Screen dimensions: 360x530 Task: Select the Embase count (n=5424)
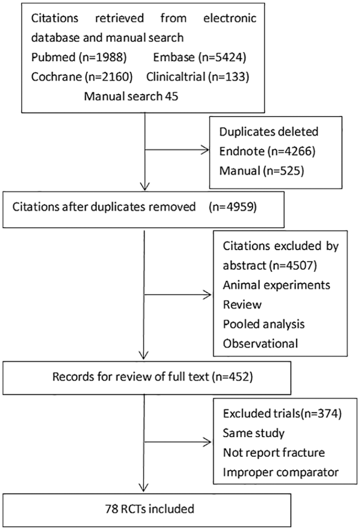(x=222, y=57)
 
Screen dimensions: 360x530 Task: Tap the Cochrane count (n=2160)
(x=108, y=77)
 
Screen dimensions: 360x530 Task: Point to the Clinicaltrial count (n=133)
(x=229, y=77)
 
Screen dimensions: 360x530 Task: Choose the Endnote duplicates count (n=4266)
(x=291, y=151)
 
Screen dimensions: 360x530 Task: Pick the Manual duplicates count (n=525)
(x=283, y=170)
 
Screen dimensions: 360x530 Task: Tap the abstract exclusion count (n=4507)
(x=293, y=266)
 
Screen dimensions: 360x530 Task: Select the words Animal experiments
(x=277, y=285)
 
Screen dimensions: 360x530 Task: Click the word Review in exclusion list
(x=242, y=305)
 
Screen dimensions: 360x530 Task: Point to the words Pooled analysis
(x=264, y=324)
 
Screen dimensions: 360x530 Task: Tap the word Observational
(x=260, y=343)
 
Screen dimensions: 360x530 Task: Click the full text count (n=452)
(x=233, y=377)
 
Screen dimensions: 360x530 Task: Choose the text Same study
(x=254, y=433)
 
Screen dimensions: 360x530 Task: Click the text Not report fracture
(x=274, y=452)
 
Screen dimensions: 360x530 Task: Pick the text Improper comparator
(x=281, y=472)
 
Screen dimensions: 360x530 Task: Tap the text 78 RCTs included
(x=150, y=509)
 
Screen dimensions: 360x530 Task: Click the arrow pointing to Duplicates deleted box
(x=177, y=150)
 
